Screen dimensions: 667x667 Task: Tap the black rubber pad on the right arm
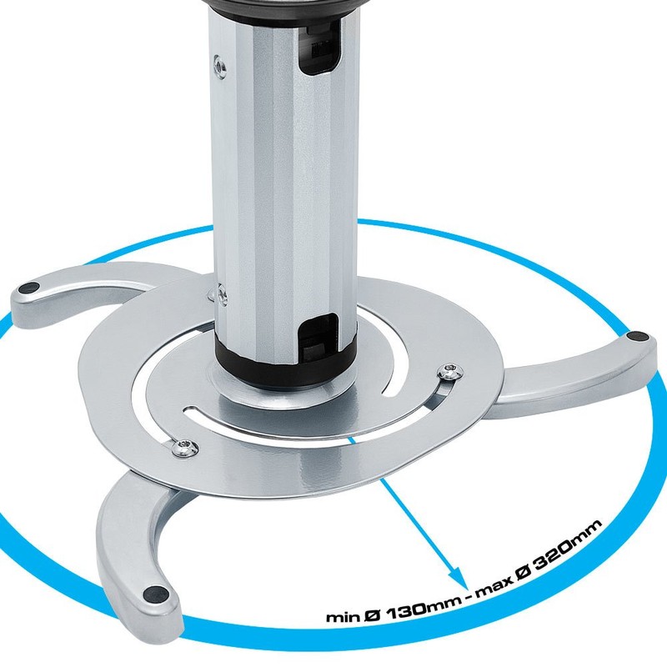pyautogui.click(x=638, y=335)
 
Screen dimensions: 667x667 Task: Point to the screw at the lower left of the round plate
pyautogui.click(x=183, y=448)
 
